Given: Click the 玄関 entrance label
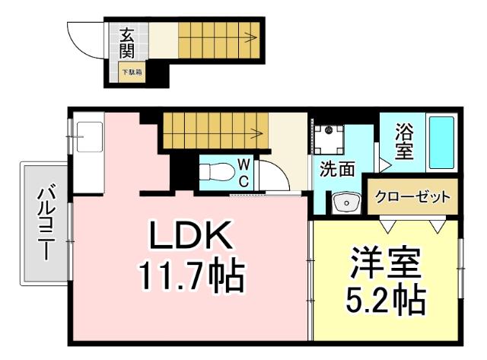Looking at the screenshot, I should tap(127, 43).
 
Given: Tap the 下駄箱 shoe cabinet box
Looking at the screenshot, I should tap(132, 72).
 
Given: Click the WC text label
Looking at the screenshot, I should tap(243, 172).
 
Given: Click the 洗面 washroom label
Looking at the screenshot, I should tap(336, 169).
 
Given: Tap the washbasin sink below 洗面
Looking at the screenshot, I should tap(347, 203).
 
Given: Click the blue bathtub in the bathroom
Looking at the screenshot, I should tap(441, 142).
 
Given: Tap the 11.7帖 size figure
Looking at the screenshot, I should tap(190, 276).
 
